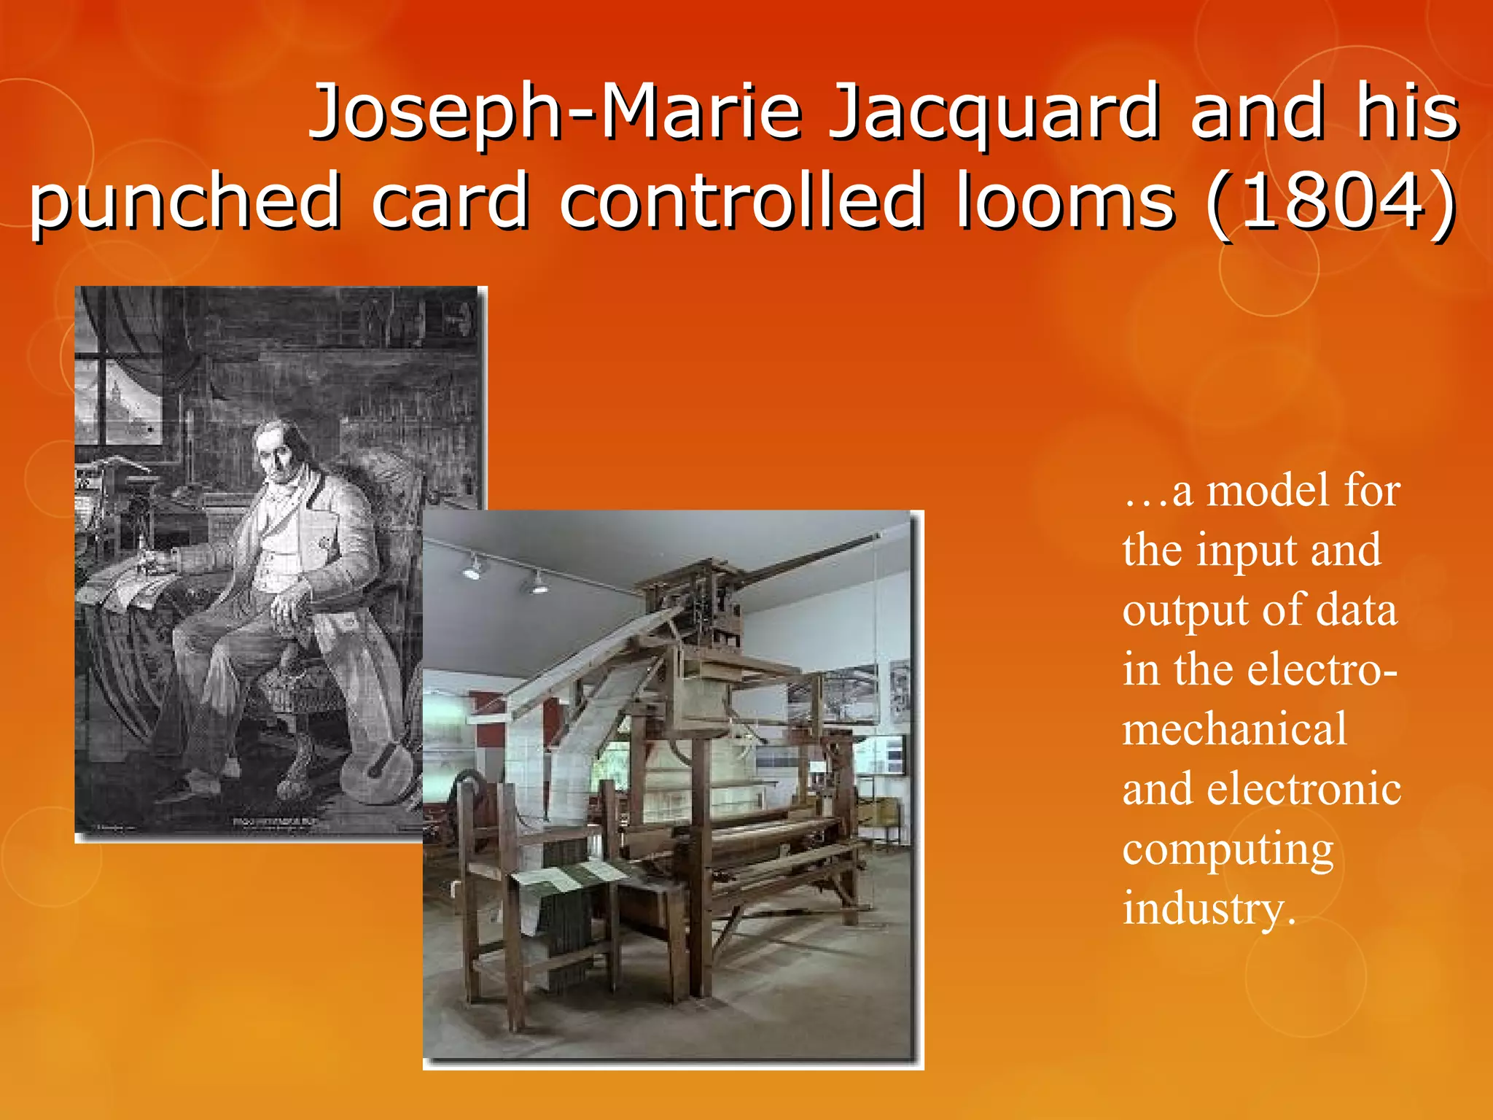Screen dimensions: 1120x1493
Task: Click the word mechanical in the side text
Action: [1234, 730]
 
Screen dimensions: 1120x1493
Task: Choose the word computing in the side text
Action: [1228, 850]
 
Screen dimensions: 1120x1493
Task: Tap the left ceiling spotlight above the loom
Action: [473, 568]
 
